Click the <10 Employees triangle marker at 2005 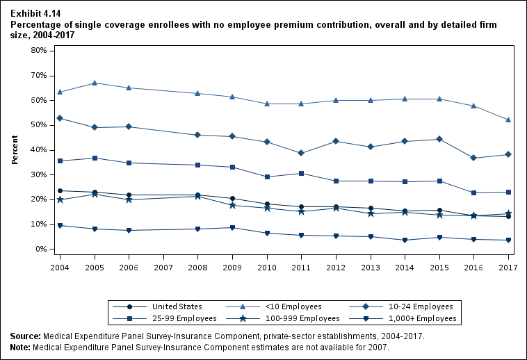tap(94, 83)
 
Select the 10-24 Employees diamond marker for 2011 tap(301, 153)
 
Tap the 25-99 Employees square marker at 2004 tap(60, 161)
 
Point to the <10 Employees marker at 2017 tap(508, 120)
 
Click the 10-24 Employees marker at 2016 tap(473, 158)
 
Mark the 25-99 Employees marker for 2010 tap(267, 177)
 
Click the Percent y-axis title tap(15, 150)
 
